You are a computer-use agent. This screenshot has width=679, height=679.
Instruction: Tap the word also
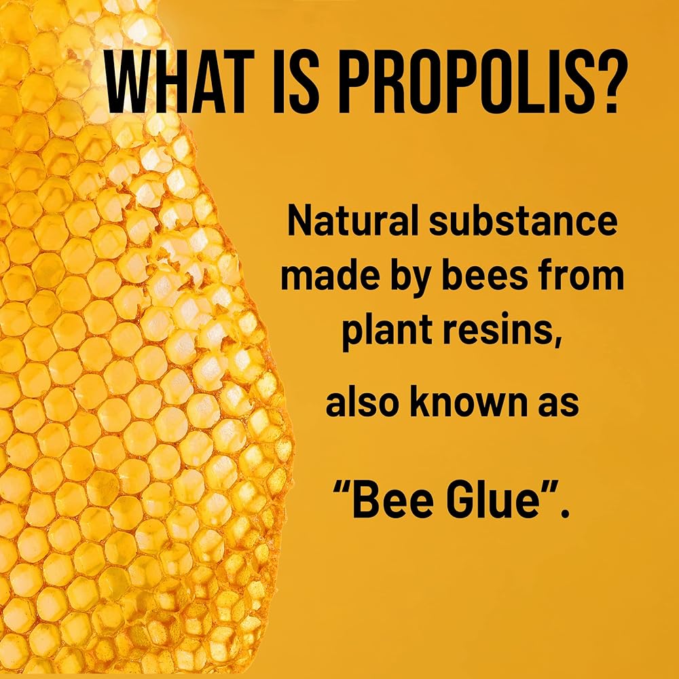(362, 402)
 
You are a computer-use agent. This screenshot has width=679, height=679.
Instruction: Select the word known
(471, 402)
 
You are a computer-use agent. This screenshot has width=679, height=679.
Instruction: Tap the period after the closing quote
(564, 514)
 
